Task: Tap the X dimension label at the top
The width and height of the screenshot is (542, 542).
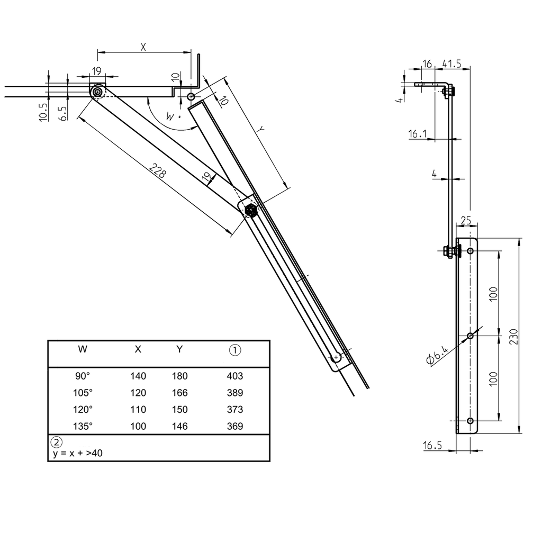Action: click(143, 47)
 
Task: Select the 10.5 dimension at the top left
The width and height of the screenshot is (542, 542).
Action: click(44, 113)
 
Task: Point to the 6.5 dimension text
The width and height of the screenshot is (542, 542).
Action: click(63, 113)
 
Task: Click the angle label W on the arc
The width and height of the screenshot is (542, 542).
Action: click(170, 116)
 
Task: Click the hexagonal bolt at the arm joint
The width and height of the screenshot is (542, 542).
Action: click(251, 211)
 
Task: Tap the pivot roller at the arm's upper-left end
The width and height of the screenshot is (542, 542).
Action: click(98, 93)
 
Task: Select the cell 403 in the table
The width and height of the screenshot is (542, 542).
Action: click(234, 376)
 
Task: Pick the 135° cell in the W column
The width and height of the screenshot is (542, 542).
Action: click(83, 426)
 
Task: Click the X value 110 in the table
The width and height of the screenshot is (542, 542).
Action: click(138, 410)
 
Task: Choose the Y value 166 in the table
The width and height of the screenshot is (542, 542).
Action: click(180, 393)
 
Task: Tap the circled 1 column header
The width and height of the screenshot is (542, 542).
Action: click(234, 349)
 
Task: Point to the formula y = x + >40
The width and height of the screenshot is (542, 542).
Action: click(77, 454)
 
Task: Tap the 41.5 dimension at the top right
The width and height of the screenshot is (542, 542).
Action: click(451, 64)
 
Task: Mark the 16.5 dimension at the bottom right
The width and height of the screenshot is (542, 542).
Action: click(432, 446)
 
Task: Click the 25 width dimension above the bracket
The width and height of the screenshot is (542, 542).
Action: click(466, 220)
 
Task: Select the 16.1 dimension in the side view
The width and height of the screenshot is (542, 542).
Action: click(418, 134)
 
